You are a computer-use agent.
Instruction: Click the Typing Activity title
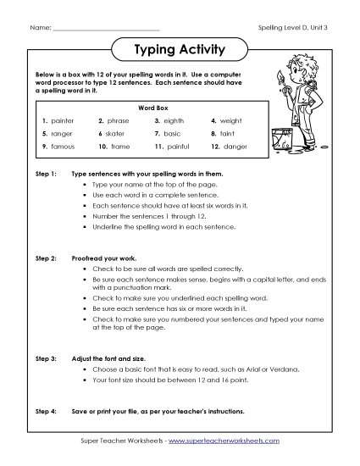[180, 50]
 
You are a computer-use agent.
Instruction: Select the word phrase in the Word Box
[119, 121]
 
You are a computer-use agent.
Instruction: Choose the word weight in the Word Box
[231, 121]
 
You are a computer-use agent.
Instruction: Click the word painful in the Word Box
[178, 147]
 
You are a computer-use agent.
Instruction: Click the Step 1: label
[46, 173]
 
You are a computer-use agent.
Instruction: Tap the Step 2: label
[46, 255]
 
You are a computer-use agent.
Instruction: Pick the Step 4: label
[46, 411]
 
